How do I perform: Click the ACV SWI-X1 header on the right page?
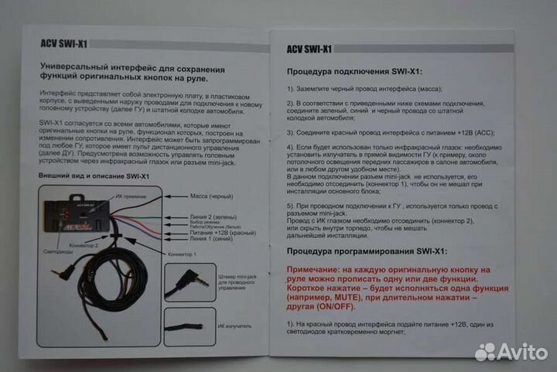point(307,49)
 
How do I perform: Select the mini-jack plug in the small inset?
point(190,280)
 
